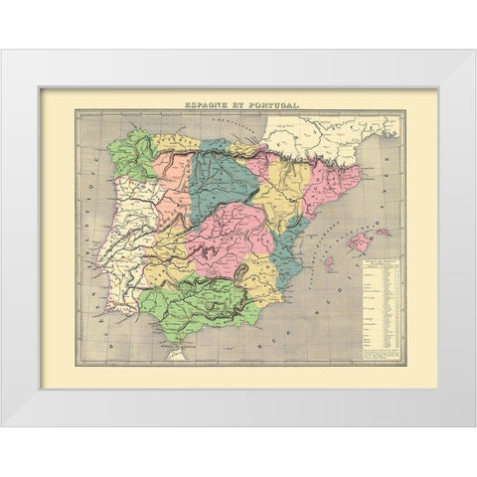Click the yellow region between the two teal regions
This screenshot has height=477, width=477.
tap(266, 184)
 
